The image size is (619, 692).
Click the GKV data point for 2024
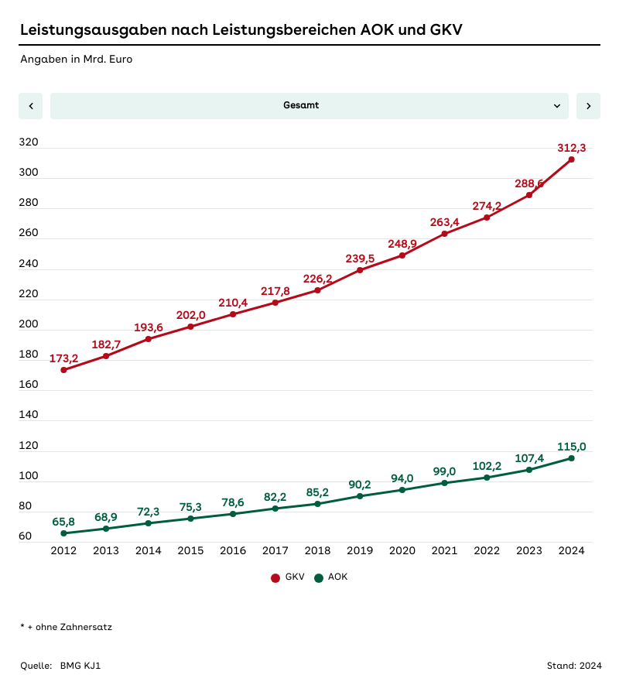click(571, 159)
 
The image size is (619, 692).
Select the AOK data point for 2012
click(63, 533)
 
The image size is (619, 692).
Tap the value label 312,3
click(571, 148)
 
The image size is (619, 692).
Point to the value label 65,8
click(63, 522)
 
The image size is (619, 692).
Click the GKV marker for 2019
click(360, 270)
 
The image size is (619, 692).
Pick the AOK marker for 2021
click(444, 483)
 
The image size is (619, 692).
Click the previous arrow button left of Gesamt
click(31, 106)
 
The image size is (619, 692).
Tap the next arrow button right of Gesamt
click(588, 106)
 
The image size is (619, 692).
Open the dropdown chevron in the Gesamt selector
click(557, 106)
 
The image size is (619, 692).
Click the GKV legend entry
click(288, 577)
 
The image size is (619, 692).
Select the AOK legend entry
click(331, 577)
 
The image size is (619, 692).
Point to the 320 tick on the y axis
click(29, 142)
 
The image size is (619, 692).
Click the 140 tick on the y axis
click(29, 415)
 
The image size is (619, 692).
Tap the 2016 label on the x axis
click(233, 551)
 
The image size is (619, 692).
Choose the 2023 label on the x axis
click(529, 551)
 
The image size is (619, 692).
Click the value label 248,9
click(402, 244)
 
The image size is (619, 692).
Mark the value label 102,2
click(487, 466)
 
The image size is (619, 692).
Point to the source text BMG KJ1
click(80, 666)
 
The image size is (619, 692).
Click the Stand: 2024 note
click(573, 666)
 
